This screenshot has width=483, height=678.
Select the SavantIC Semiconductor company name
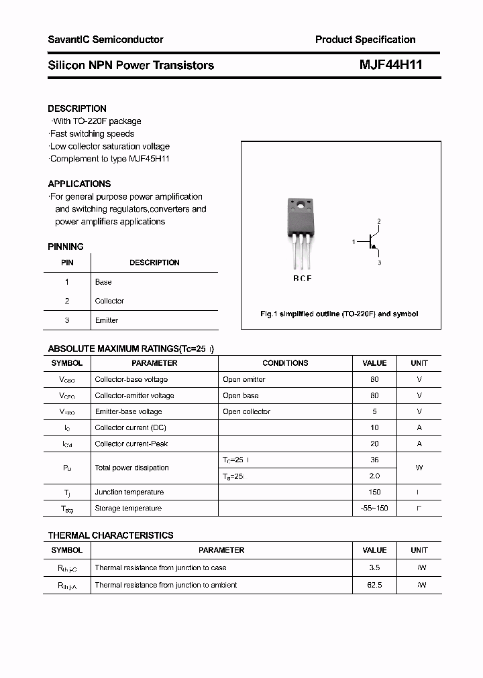pyautogui.click(x=105, y=40)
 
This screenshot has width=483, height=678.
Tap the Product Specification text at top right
pyautogui.click(x=365, y=40)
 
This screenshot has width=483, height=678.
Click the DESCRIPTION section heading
pyautogui.click(x=77, y=109)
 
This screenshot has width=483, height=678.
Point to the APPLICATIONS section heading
pyautogui.click(x=79, y=184)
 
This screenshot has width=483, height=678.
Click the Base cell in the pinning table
pyautogui.click(x=103, y=282)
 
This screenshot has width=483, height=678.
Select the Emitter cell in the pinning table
pyautogui.click(x=106, y=320)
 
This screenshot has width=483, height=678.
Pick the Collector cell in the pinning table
pyautogui.click(x=109, y=301)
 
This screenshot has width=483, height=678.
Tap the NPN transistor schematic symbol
pyautogui.click(x=370, y=242)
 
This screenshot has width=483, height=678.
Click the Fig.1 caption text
pyautogui.click(x=339, y=314)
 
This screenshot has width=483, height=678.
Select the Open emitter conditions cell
pyautogui.click(x=244, y=379)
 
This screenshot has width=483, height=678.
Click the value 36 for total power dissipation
pyautogui.click(x=374, y=460)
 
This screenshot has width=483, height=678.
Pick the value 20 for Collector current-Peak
pyautogui.click(x=374, y=444)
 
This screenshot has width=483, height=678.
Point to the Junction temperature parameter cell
pyautogui.click(x=129, y=492)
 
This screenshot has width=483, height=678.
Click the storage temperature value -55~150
pyautogui.click(x=374, y=508)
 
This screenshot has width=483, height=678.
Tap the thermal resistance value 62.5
pyautogui.click(x=374, y=585)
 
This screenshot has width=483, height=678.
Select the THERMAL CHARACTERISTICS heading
pyautogui.click(x=111, y=535)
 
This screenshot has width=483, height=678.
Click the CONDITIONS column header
pyautogui.click(x=285, y=363)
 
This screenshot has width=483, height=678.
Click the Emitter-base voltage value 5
pyautogui.click(x=374, y=411)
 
